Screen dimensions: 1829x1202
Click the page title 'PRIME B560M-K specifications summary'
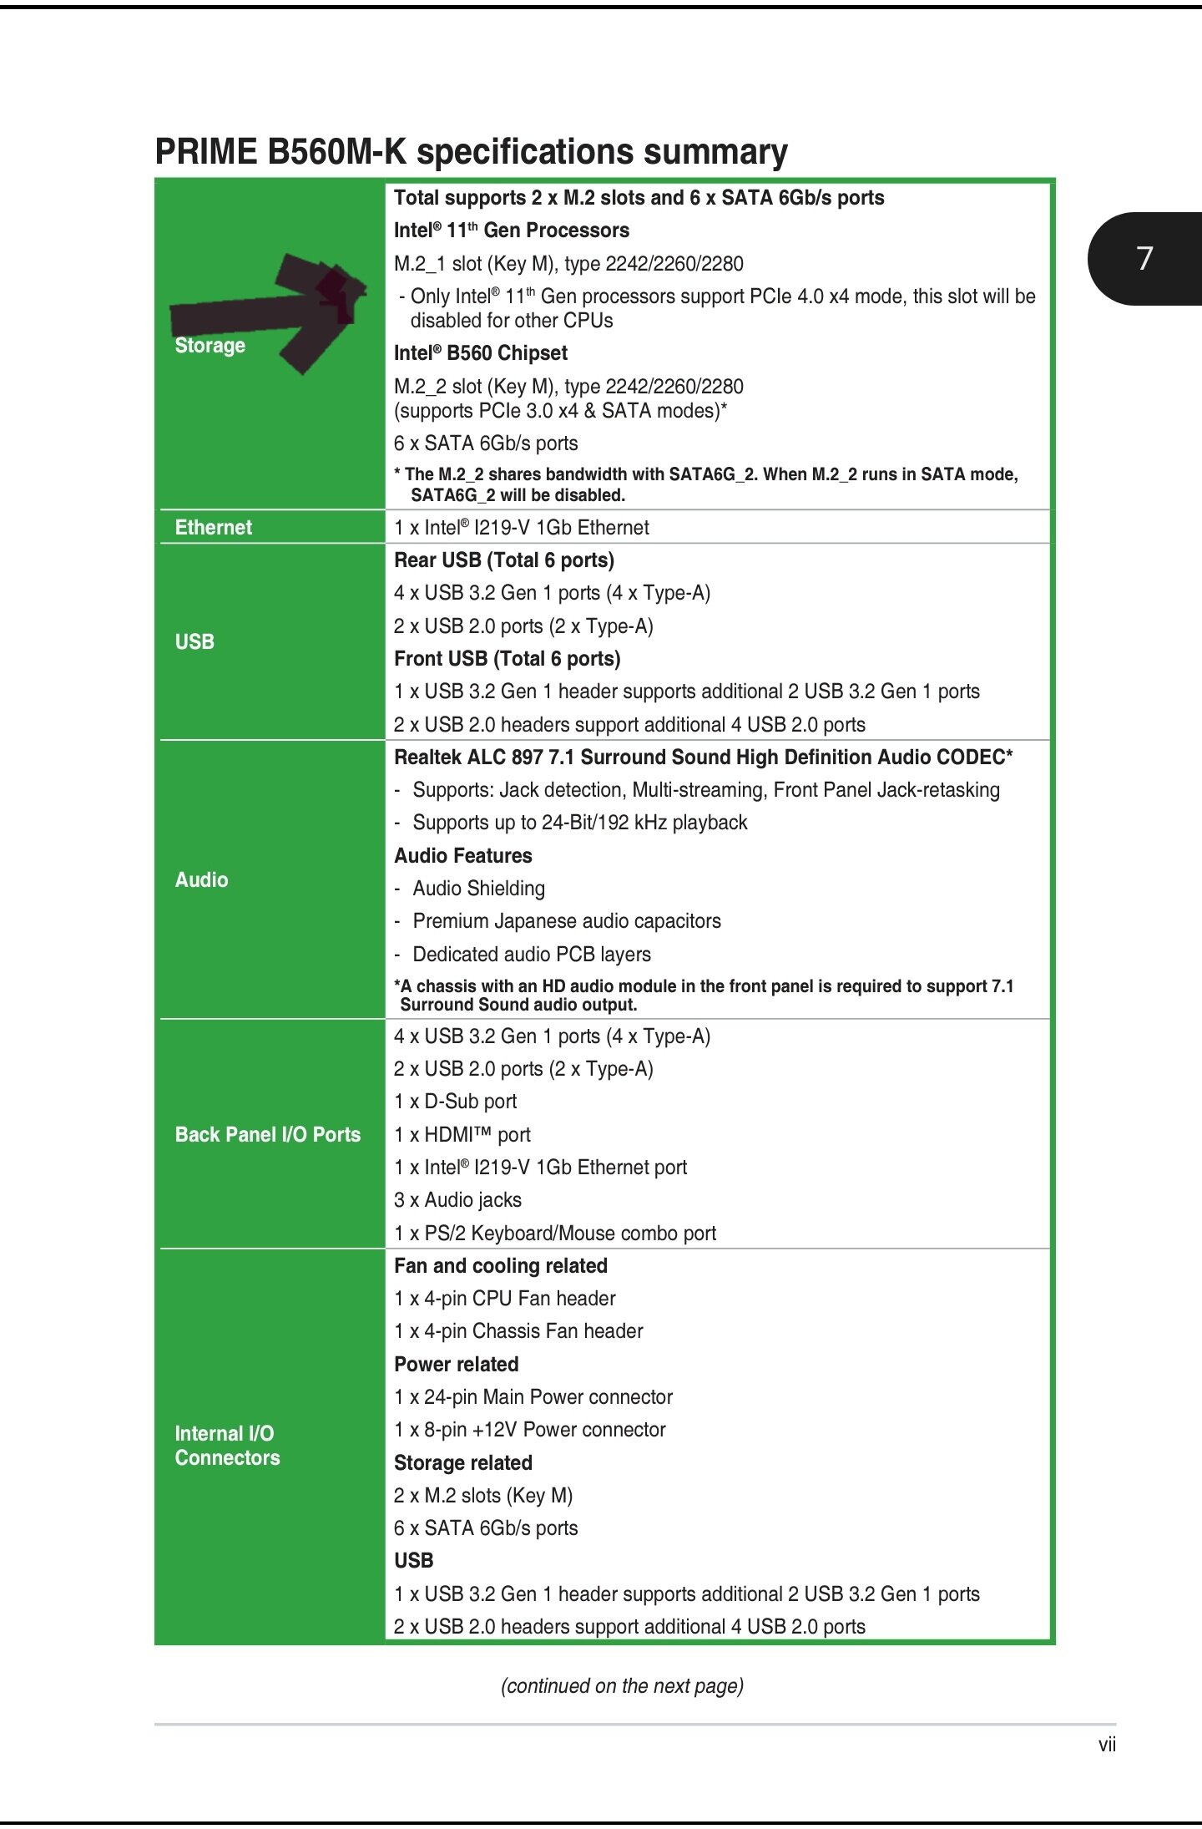pyautogui.click(x=471, y=152)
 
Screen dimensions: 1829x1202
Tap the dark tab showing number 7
pyautogui.click(x=1145, y=258)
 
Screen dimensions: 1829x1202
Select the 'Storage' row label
pyautogui.click(x=210, y=346)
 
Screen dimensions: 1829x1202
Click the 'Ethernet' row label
pyautogui.click(x=213, y=527)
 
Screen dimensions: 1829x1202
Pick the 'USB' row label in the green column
pyautogui.click(x=194, y=641)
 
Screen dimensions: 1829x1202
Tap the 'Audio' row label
pyautogui.click(x=201, y=879)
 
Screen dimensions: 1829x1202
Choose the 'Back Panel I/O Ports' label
pyautogui.click(x=267, y=1134)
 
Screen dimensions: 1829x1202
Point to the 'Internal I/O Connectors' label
pyautogui.click(x=227, y=1446)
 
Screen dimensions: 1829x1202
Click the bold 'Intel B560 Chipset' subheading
pyautogui.click(x=480, y=353)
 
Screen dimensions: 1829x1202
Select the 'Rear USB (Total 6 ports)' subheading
pyautogui.click(x=503, y=560)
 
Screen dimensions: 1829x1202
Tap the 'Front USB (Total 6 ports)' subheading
pyautogui.click(x=507, y=659)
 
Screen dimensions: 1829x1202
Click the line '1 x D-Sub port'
pyautogui.click(x=455, y=1102)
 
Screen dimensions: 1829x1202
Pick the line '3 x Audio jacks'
pyautogui.click(x=457, y=1200)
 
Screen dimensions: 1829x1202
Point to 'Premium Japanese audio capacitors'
pyautogui.click(x=566, y=921)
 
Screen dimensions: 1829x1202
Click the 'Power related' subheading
pyautogui.click(x=456, y=1364)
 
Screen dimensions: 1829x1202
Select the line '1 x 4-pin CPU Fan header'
pyautogui.click(x=504, y=1299)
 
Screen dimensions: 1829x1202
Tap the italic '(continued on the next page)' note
pyautogui.click(x=622, y=1685)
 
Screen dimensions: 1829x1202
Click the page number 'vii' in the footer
pyautogui.click(x=1107, y=1744)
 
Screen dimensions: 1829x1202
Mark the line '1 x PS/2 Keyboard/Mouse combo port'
pyautogui.click(x=554, y=1233)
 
